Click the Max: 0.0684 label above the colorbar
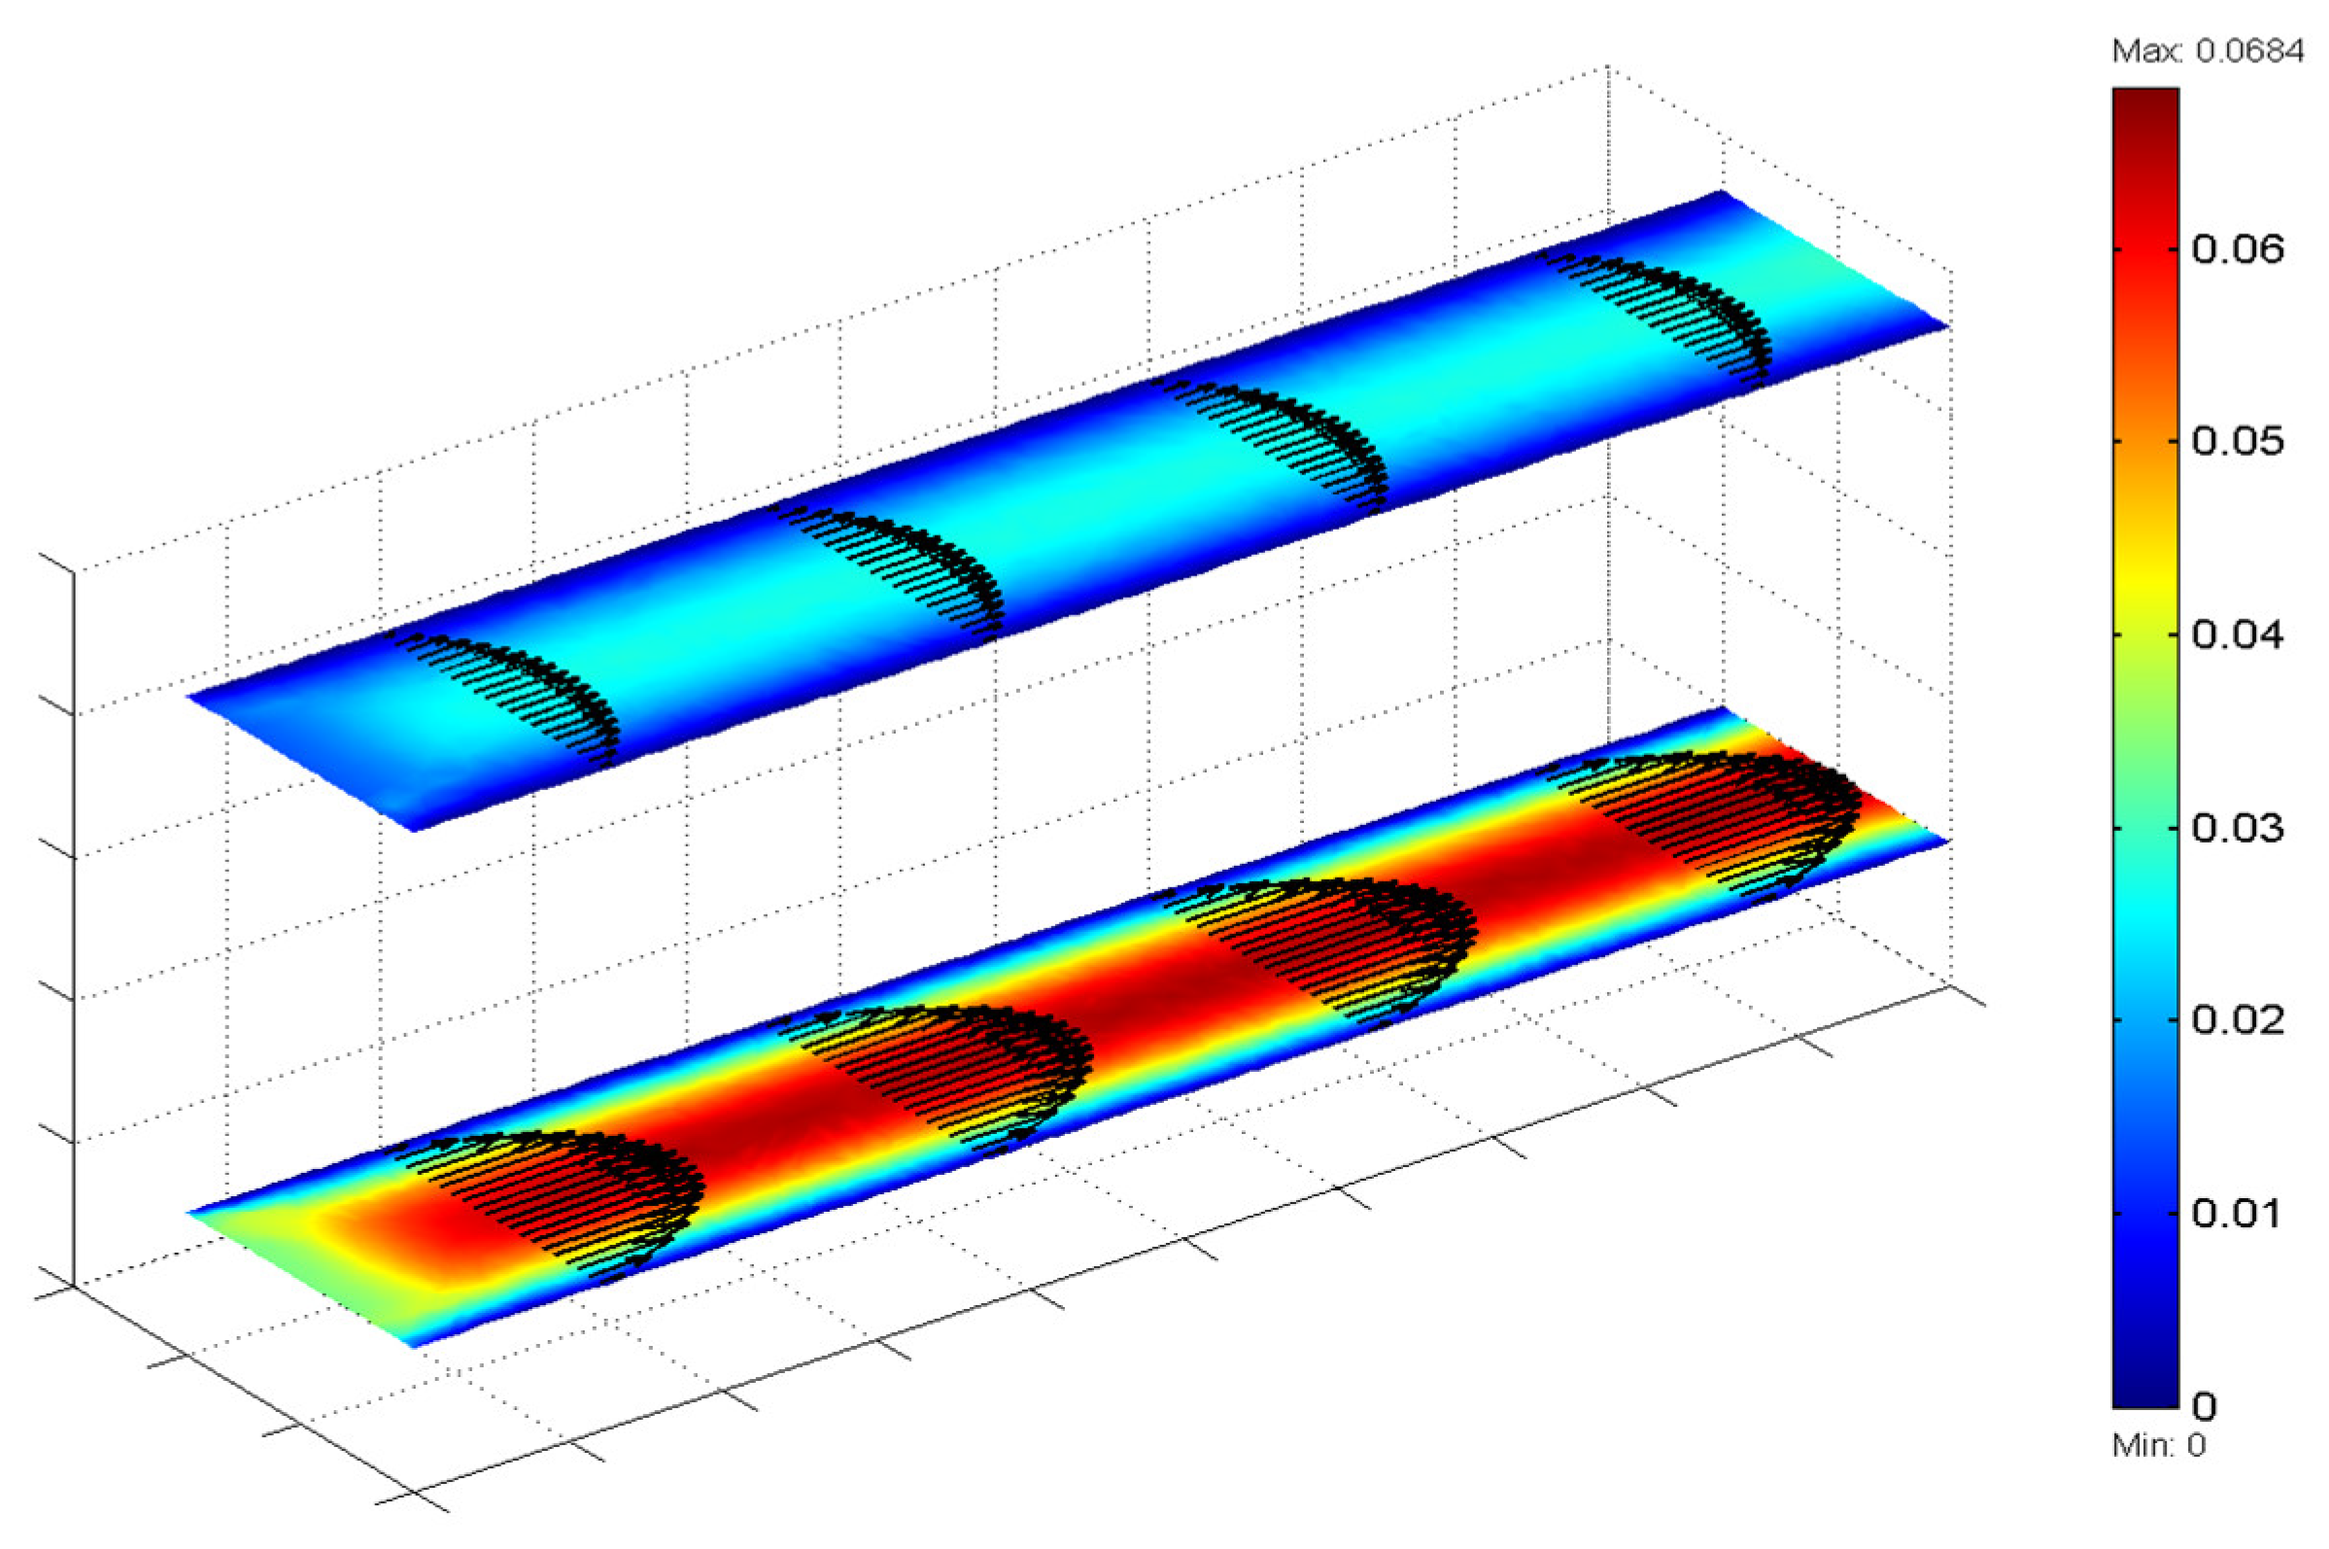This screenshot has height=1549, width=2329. [2208, 52]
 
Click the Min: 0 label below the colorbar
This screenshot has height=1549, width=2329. [2158, 1446]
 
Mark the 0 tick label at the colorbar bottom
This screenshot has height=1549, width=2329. [2205, 1405]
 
